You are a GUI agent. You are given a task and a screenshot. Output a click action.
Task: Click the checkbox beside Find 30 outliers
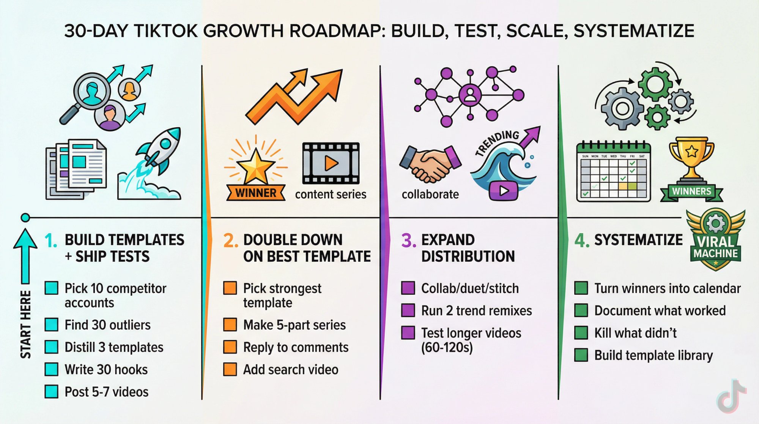pos(51,325)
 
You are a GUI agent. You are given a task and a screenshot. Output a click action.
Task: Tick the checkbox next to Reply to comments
pos(230,347)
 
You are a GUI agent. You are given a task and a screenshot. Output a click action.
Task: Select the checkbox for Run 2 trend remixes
pos(408,310)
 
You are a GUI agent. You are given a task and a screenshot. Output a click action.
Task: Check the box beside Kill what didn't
pos(581,333)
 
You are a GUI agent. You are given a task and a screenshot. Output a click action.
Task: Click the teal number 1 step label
pos(51,240)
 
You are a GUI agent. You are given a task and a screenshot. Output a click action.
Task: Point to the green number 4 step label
pos(581,240)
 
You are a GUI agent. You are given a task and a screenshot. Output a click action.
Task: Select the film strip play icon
pos(331,163)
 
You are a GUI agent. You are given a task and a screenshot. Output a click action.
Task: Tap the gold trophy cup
pos(691,158)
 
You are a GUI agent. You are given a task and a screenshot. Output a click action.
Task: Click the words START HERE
pos(25,324)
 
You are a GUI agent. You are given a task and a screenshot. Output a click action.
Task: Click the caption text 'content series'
pos(331,195)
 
